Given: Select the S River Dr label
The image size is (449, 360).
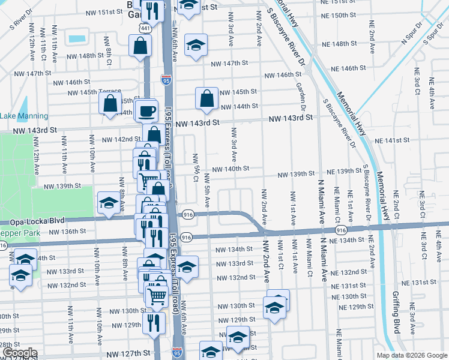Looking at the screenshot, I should tap(20, 19).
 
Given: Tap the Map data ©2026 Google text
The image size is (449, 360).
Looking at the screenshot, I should tap(411, 355).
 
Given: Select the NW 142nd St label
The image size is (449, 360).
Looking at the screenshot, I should tap(121, 139).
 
